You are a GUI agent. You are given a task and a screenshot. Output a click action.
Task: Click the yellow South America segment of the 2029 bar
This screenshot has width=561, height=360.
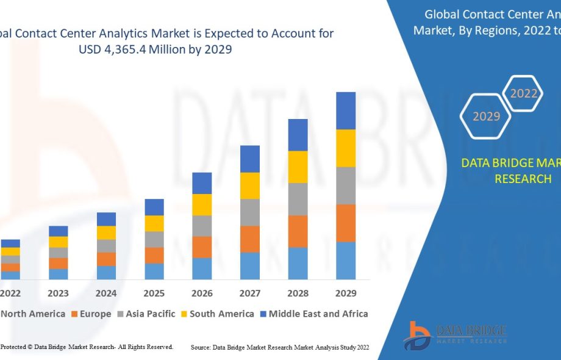pos(346,148)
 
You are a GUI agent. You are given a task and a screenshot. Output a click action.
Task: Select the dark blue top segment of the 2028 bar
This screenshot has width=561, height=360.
pos(298,135)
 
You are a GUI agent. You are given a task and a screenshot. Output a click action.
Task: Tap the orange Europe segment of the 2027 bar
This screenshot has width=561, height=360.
pos(250,239)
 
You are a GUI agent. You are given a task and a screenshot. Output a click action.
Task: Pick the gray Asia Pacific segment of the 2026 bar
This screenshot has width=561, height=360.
pos(202,226)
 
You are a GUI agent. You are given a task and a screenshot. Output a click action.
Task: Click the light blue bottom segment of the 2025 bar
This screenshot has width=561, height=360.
pos(154,272)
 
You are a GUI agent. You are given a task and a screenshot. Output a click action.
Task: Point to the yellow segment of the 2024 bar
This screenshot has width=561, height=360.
pos(106,232)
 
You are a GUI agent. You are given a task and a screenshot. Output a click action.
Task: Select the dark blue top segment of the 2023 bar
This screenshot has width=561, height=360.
pos(59,231)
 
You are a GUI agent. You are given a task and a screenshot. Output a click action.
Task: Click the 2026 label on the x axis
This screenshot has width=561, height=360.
pos(202,293)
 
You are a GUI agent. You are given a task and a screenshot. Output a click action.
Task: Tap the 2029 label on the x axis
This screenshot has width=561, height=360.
pos(346,293)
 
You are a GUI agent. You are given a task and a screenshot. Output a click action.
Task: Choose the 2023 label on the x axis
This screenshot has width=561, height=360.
pos(59,293)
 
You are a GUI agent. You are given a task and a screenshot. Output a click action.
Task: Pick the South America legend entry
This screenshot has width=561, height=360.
pos(216,314)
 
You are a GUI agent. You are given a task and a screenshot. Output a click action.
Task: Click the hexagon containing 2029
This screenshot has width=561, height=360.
pos(487,115)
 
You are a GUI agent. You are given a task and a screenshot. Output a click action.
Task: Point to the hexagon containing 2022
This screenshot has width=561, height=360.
pos(524,93)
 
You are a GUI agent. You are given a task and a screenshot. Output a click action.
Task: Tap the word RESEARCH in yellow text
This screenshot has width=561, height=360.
pos(523,179)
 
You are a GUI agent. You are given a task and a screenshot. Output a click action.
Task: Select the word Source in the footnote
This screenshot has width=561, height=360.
pos(200,347)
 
